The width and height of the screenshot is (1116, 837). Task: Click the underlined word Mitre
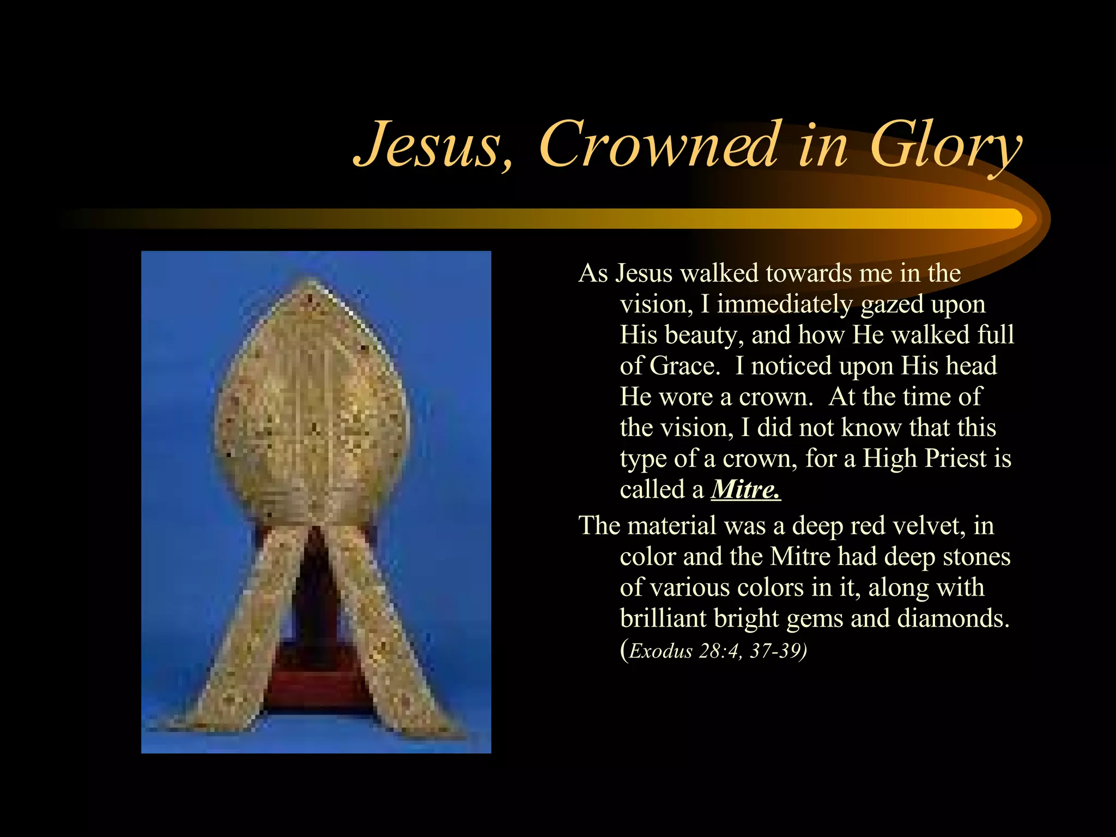coord(745,489)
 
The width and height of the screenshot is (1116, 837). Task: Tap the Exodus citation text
coord(714,651)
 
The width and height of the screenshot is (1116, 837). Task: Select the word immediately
coord(784,304)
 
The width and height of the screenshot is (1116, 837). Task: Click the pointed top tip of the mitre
coord(311,283)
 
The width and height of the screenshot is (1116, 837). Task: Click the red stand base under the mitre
coord(316,681)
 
